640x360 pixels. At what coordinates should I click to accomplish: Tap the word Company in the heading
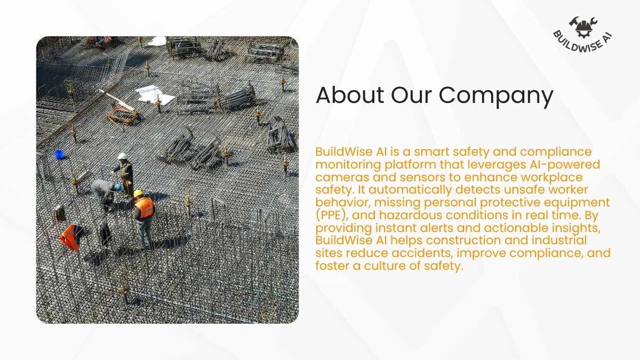[x=496, y=97]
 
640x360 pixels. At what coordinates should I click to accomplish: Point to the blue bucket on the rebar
[x=59, y=155]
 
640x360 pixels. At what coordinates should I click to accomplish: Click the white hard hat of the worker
[x=122, y=156]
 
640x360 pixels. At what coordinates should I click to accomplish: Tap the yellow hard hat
[x=138, y=193]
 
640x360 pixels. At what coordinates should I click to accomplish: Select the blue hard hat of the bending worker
[x=118, y=187]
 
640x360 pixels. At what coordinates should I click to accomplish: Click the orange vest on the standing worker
[x=145, y=207]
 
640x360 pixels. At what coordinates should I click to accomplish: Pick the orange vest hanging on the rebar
[x=70, y=237]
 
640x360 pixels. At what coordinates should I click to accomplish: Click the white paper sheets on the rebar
[x=155, y=94]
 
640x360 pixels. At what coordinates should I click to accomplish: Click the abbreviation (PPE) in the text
[x=332, y=215]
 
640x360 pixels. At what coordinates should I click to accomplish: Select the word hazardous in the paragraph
[x=411, y=215]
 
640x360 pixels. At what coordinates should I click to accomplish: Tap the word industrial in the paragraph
[x=559, y=241]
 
